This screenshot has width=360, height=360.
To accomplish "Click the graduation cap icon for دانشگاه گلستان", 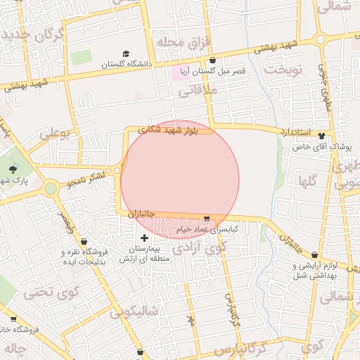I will tap(126, 53).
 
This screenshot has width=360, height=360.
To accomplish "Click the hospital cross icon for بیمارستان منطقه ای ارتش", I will tap(145, 238).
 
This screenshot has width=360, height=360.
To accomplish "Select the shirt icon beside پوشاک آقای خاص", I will tap(322, 136).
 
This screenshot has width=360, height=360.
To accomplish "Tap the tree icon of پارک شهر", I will tap(13, 169).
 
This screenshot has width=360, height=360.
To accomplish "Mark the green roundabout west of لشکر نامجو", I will tap(51, 188).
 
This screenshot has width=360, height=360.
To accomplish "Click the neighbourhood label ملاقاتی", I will tap(198, 91).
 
